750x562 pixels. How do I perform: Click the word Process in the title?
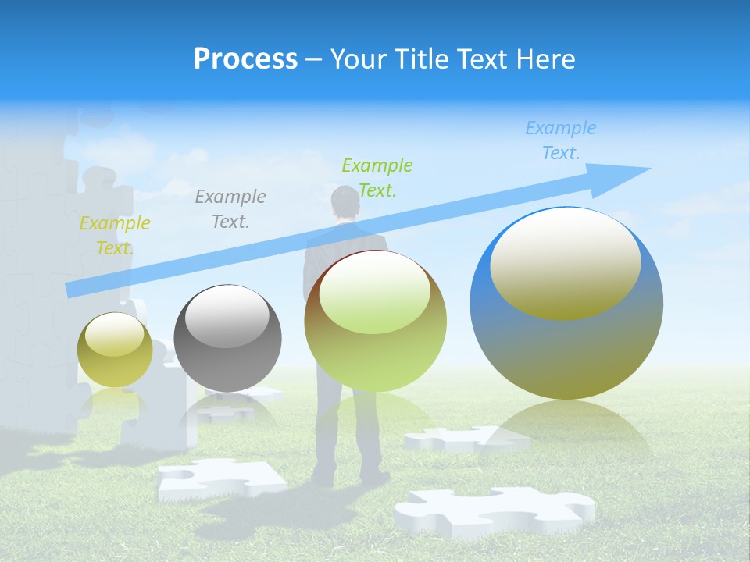tap(245, 59)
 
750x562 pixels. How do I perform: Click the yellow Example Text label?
tap(114, 236)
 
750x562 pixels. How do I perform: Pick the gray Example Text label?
tap(230, 208)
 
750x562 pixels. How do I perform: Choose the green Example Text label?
tap(377, 177)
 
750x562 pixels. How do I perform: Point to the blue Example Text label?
tap(560, 140)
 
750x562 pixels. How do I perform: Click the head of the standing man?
tap(345, 205)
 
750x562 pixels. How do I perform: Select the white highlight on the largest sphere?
tap(565, 261)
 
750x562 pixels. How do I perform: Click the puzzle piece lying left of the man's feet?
tap(219, 478)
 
